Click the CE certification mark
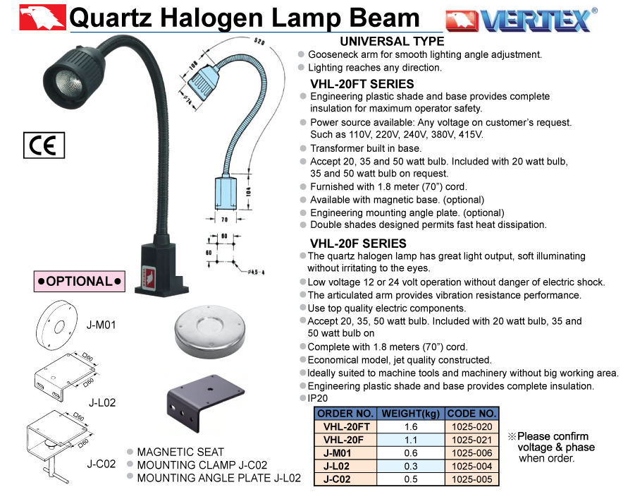[44, 145]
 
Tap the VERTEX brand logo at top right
[522, 20]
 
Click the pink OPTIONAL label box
[80, 281]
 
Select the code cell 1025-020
[471, 426]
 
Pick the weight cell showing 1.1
[411, 440]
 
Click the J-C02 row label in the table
[337, 479]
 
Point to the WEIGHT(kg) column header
[411, 414]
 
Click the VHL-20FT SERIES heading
[362, 84]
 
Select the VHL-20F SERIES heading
[358, 244]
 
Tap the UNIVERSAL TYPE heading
[392, 42]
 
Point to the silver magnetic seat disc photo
[210, 331]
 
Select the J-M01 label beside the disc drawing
[101, 325]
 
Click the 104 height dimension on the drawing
[249, 191]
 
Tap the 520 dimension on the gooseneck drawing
[259, 41]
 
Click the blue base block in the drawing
[226, 193]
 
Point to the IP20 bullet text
[317, 398]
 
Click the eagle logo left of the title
[42, 17]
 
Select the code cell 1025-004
[471, 466]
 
